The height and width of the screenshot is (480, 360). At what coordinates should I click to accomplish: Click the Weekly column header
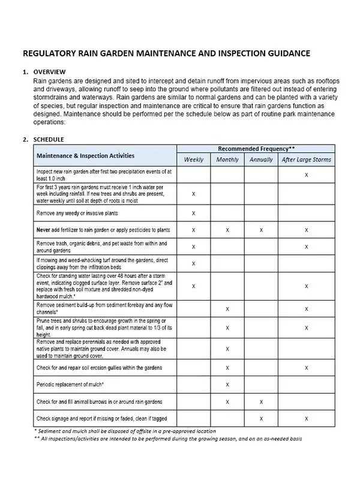click(x=193, y=160)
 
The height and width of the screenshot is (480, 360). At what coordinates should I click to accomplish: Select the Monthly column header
click(x=227, y=160)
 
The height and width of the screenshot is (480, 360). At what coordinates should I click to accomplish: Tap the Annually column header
click(x=261, y=160)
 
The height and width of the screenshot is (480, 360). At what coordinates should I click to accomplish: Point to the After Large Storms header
click(x=306, y=160)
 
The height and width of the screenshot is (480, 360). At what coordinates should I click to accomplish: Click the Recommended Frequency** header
click(x=256, y=149)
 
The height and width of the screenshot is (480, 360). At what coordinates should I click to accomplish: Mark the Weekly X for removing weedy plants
click(x=193, y=213)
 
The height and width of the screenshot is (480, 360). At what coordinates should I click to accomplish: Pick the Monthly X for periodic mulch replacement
click(x=227, y=384)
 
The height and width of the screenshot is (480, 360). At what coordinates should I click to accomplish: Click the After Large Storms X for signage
click(x=307, y=418)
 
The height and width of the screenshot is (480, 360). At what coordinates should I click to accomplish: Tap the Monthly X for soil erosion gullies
click(x=227, y=367)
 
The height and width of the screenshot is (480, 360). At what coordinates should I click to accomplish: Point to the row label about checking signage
click(x=99, y=418)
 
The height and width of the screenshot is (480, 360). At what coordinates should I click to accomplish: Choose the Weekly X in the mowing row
click(x=193, y=263)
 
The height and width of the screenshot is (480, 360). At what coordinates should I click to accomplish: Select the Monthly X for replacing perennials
click(x=227, y=349)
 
